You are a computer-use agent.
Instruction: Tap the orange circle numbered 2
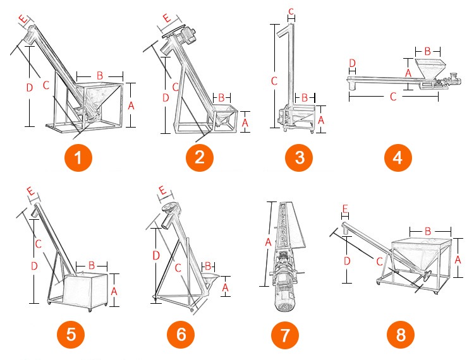(200, 157)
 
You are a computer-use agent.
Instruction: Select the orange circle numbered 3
(300, 157)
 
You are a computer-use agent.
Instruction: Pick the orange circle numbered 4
(398, 157)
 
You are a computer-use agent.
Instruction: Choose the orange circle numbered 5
(71, 334)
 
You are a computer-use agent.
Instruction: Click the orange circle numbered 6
(181, 334)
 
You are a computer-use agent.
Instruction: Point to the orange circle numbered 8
(401, 334)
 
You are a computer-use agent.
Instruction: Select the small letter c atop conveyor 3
(290, 11)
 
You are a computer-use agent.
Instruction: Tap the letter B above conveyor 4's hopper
(428, 50)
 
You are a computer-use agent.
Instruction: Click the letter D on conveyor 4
(352, 63)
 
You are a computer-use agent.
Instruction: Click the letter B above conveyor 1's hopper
(99, 75)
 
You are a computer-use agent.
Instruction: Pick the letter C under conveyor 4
(393, 97)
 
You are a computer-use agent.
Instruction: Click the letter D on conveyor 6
(155, 255)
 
